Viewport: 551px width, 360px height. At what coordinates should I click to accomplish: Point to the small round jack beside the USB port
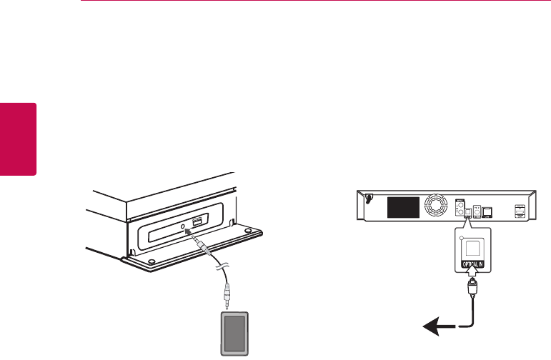[184, 227]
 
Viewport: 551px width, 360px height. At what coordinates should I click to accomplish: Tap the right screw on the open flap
[247, 231]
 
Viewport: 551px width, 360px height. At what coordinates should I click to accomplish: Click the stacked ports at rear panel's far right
[520, 211]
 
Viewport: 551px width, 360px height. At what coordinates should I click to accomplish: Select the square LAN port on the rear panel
[487, 211]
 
